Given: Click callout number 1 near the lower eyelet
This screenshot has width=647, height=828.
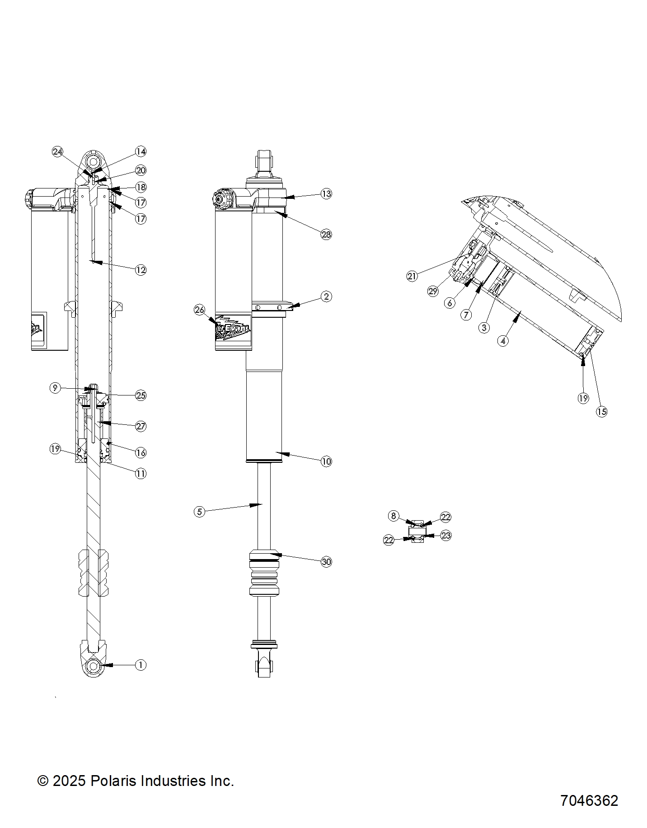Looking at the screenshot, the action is click(141, 664).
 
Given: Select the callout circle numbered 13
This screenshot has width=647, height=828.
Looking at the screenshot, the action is click(326, 193).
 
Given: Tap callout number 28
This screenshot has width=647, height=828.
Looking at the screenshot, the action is click(326, 234).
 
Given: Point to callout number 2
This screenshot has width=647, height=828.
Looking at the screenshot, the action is click(326, 296).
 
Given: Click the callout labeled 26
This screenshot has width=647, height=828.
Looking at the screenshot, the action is click(199, 310).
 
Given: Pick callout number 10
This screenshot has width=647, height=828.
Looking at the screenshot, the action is click(326, 461).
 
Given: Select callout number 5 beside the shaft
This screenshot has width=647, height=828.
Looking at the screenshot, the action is click(199, 512).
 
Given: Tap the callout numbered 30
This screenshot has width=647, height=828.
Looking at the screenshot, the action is click(326, 562).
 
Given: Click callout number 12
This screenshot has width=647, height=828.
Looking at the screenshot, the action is click(141, 270).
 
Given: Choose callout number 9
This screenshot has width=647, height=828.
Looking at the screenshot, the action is click(55, 388).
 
